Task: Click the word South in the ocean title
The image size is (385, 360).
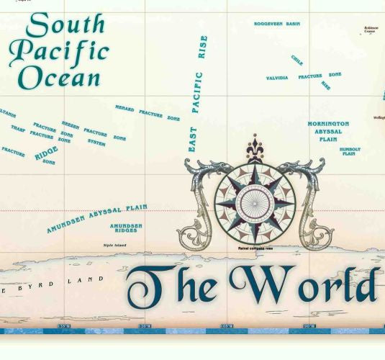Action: pos(65,25)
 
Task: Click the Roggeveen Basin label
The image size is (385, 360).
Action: pos(277,24)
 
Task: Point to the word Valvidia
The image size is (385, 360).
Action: pos(277,78)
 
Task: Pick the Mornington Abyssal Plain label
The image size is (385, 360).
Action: pos(328,132)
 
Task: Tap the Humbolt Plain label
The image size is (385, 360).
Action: pos(349,152)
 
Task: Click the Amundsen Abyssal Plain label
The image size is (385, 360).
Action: pos(96,219)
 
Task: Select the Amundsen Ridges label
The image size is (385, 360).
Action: pos(126,228)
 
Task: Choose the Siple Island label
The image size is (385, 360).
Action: pos(115,246)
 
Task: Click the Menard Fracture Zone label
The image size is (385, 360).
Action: pos(148,112)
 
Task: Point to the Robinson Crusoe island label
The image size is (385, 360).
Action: pos(371,30)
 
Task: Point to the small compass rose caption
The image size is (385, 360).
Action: pos(255,248)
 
